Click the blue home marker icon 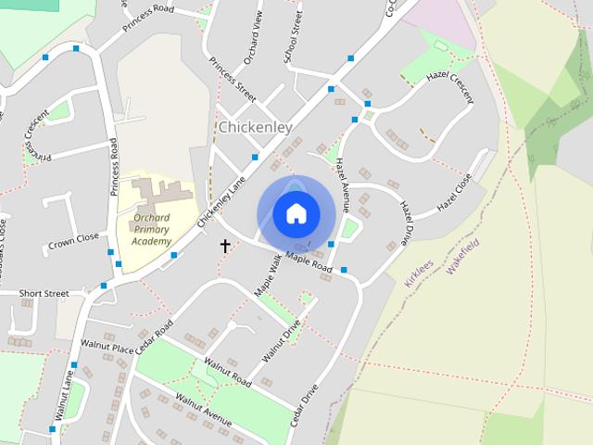pyautogui.click(x=296, y=214)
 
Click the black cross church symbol pyautogui.click(x=224, y=246)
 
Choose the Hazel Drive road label pyautogui.click(x=407, y=219)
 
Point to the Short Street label pyautogui.click(x=44, y=293)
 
